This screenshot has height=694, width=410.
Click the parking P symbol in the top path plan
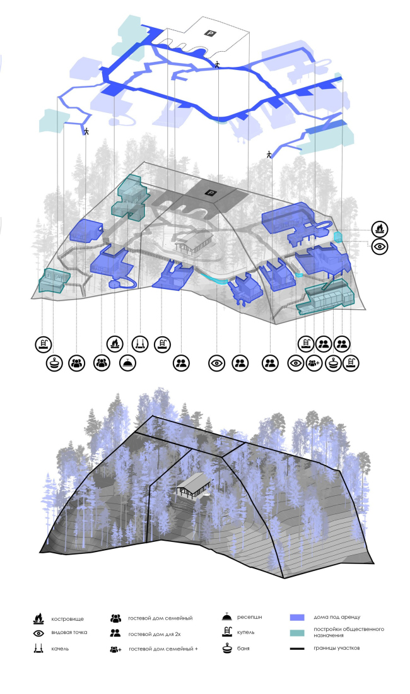[x=210, y=32]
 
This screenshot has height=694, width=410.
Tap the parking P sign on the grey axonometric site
[x=211, y=192]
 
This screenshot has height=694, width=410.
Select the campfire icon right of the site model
[x=380, y=229]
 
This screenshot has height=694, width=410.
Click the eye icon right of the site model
[x=380, y=246]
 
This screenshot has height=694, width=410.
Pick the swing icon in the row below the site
[x=140, y=343]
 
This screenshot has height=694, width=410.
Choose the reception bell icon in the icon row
[x=128, y=363]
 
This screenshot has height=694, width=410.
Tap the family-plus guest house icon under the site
[x=314, y=363]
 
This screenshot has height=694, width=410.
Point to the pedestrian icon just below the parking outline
[x=217, y=64]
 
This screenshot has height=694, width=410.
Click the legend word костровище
[x=67, y=619]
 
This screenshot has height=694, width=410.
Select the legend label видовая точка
[x=69, y=632]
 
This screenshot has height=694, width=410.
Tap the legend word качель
[x=60, y=649]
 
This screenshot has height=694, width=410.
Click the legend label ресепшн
[x=249, y=617]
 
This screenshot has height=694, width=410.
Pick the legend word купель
[x=245, y=632]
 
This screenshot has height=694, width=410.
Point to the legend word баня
[x=243, y=649]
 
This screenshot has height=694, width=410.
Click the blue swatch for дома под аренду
[x=297, y=618]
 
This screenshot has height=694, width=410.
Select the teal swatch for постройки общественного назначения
[x=297, y=632]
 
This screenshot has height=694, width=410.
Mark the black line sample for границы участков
[x=297, y=649]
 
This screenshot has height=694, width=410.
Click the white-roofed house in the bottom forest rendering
[x=193, y=486]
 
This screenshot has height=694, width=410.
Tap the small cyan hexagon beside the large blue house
[x=338, y=237]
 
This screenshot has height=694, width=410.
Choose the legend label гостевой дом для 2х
[x=155, y=634]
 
